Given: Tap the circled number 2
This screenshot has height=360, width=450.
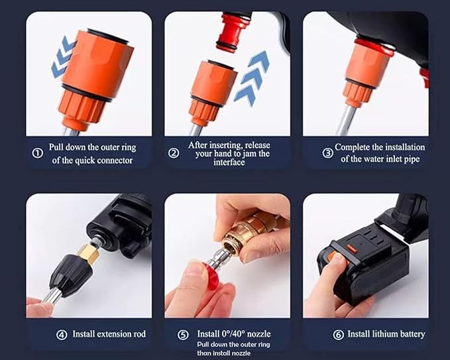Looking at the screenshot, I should pyautogui.click(x=174, y=152).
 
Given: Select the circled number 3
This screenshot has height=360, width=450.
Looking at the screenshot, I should pyautogui.click(x=327, y=152).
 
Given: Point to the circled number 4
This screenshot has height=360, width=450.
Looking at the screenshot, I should pyautogui.click(x=61, y=334).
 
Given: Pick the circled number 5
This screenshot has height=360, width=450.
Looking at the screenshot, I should pyautogui.click(x=184, y=335).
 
